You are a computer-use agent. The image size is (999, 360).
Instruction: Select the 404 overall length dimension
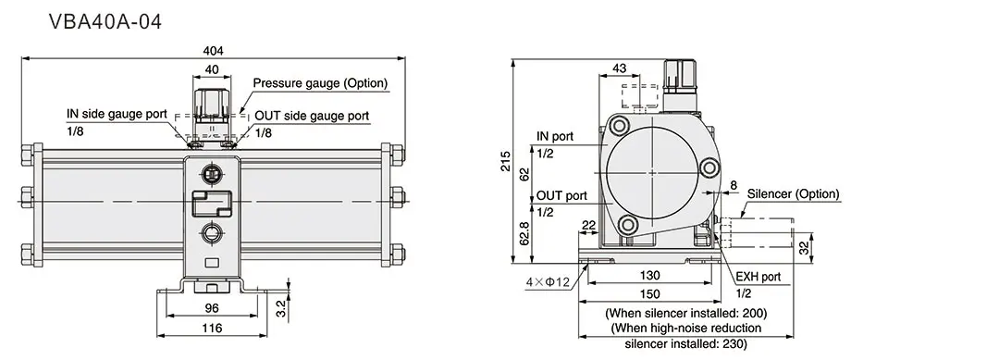pyautogui.click(x=213, y=51)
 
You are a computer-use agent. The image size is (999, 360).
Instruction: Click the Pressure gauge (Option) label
pyautogui.click(x=320, y=83)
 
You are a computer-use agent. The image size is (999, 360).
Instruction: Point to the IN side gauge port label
pyautogui.click(x=117, y=115)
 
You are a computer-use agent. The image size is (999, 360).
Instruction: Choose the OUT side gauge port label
pyautogui.click(x=312, y=116)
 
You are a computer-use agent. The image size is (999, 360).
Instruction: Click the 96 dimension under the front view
pyautogui.click(x=213, y=308)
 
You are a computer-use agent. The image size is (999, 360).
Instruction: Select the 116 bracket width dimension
pyautogui.click(x=213, y=328)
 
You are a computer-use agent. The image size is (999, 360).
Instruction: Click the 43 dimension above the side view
pyautogui.click(x=620, y=68)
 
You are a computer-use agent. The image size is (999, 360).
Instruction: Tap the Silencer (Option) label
pyautogui.click(x=793, y=194)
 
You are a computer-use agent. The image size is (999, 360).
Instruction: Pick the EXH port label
pyautogui.click(x=758, y=277)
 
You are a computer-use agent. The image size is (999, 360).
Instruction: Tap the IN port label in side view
pyautogui.click(x=555, y=137)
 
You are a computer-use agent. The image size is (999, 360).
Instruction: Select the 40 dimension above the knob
pyautogui.click(x=213, y=69)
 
